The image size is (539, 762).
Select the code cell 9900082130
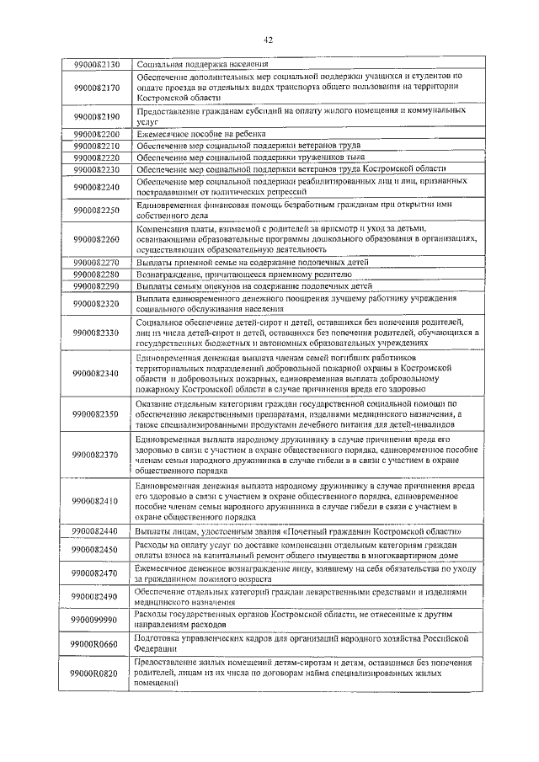click(x=97, y=64)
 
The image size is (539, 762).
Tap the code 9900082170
click(x=97, y=88)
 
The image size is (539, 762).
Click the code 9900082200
click(x=97, y=134)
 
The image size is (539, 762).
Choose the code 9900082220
click(x=97, y=157)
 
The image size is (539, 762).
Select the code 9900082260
click(x=97, y=240)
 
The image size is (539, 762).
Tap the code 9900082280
click(x=97, y=274)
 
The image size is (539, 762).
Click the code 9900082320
click(x=97, y=304)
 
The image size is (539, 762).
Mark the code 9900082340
click(x=97, y=373)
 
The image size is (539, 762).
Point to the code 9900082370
click(x=97, y=456)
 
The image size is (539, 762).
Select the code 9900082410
click(x=97, y=502)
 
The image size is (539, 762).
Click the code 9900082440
click(x=97, y=531)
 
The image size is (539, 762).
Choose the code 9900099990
click(x=97, y=620)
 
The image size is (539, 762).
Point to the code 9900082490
click(x=97, y=597)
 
